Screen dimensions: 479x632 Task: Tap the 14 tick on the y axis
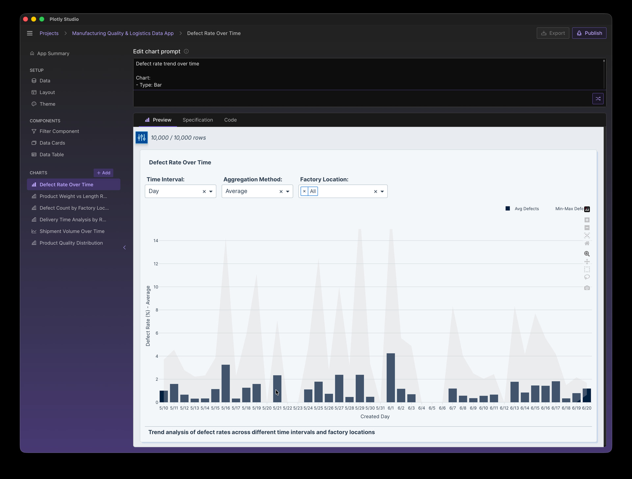click(x=156, y=241)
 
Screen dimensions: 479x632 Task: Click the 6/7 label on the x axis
click(x=453, y=408)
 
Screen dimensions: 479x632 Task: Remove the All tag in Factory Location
click(x=304, y=191)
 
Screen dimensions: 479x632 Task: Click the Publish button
click(x=589, y=33)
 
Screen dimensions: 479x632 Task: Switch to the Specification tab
click(x=197, y=120)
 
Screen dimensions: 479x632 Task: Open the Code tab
click(x=230, y=120)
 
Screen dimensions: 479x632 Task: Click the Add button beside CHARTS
click(x=103, y=173)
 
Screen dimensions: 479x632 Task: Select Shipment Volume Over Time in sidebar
click(x=72, y=231)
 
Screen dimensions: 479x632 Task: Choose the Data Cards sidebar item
click(x=52, y=143)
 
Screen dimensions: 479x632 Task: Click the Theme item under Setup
click(x=47, y=104)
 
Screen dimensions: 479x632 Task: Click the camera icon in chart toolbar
click(x=587, y=288)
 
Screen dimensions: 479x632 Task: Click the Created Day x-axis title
click(x=375, y=417)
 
